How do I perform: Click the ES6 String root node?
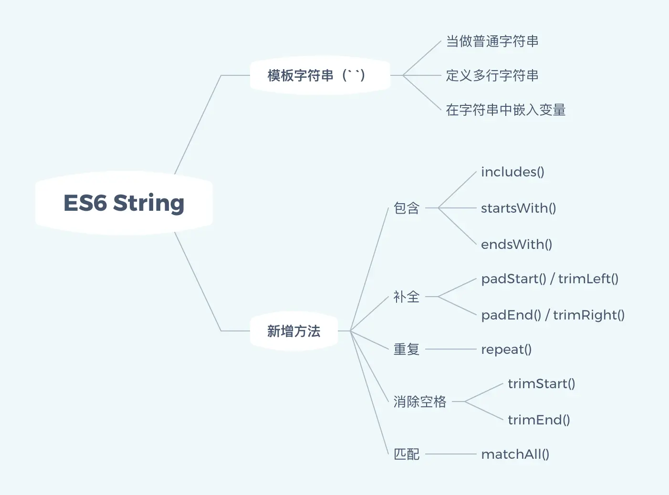[124, 203]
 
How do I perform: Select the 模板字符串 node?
[316, 75]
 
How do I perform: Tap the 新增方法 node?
[293, 331]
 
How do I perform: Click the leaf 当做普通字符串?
[492, 41]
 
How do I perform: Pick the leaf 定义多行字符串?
[492, 76]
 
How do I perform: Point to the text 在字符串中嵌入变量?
[505, 110]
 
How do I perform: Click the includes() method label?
[512, 172]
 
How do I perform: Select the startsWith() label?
[518, 208]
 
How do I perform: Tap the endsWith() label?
[516, 245]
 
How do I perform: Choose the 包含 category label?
[406, 208]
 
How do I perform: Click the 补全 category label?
[406, 297]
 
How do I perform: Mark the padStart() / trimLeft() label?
[550, 279]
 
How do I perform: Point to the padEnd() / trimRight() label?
[553, 315]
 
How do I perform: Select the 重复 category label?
[406, 350]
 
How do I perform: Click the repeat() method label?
[506, 350]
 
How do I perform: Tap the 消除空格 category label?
[419, 402]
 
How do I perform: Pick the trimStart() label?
[541, 384]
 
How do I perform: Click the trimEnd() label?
[539, 420]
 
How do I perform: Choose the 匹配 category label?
[406, 454]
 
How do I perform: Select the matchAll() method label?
[515, 454]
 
